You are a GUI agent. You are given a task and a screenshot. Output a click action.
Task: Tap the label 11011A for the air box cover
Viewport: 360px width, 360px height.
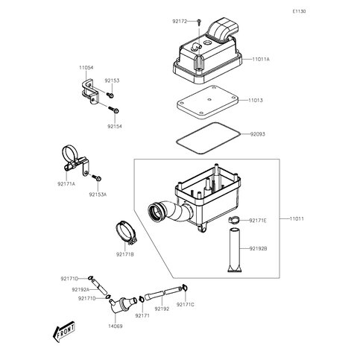[x=261, y=58]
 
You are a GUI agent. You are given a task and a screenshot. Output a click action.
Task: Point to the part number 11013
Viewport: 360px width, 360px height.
[x=256, y=99]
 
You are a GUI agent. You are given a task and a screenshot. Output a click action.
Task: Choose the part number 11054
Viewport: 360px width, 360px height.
[x=88, y=66]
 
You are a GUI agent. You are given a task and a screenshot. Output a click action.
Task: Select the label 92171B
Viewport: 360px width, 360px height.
[x=125, y=254]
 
